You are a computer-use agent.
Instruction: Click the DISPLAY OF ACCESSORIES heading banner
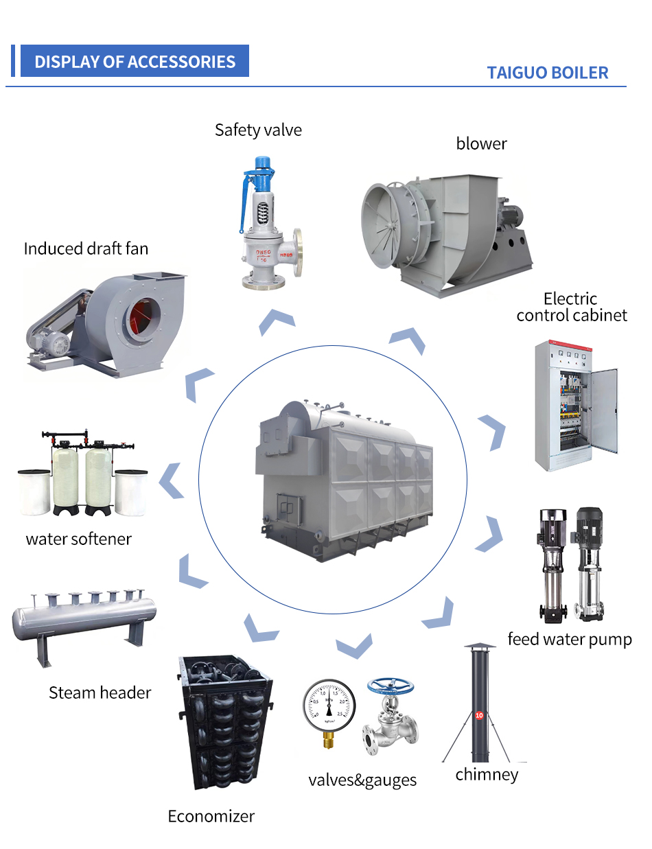tap(135, 61)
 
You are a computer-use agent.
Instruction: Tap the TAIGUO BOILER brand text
tap(547, 73)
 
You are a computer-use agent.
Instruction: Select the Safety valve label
tap(258, 130)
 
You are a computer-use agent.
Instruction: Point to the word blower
tap(481, 143)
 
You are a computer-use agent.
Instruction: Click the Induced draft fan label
tap(86, 248)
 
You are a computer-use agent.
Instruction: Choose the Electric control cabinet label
tap(571, 307)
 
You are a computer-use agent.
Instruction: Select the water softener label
tap(78, 539)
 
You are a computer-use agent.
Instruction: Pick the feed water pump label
tap(569, 640)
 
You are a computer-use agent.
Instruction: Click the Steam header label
tap(100, 693)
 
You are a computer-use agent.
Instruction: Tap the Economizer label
tap(211, 816)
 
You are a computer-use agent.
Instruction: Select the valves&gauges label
tap(362, 780)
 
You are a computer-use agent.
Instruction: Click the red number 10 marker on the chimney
tap(479, 714)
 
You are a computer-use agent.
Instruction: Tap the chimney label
tap(487, 775)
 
